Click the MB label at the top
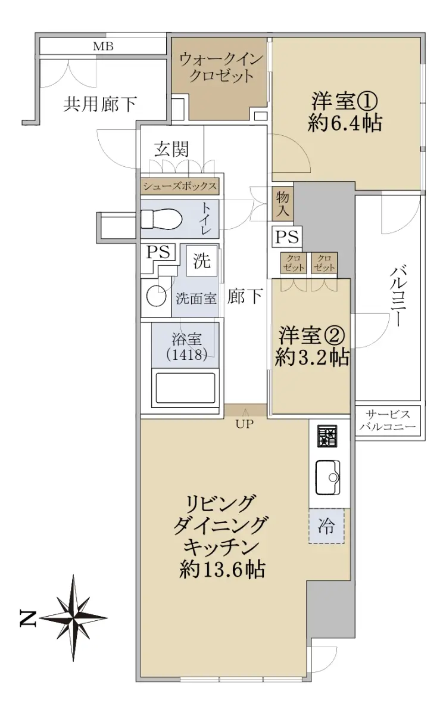coord(103,46)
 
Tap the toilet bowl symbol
coord(161,219)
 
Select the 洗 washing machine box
coord(202,261)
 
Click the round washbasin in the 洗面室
coord(156,297)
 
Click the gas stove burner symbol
coord(327,436)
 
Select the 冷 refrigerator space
coord(326,526)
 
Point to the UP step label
coord(245,424)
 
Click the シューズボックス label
coord(180,186)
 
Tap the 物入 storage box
coord(283,204)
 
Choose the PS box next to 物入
coord(287,237)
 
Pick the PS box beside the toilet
coord(158,253)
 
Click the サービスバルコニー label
coord(388,421)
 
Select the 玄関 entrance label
coord(172,150)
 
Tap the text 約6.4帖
coord(345,123)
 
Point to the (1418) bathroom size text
coord(187,355)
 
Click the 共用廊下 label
coord(100,104)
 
